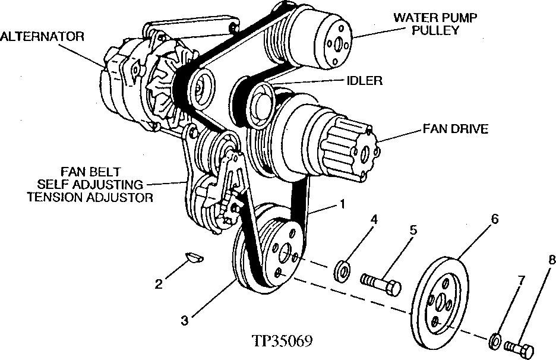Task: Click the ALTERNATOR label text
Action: pyautogui.click(x=42, y=37)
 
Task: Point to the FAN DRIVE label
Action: pyautogui.click(x=455, y=128)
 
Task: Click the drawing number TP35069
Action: pyautogui.click(x=282, y=343)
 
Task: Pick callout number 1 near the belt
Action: pyautogui.click(x=342, y=204)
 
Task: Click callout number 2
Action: pyautogui.click(x=159, y=284)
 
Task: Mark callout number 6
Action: pyautogui.click(x=494, y=219)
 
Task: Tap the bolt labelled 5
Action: pyautogui.click(x=380, y=283)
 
